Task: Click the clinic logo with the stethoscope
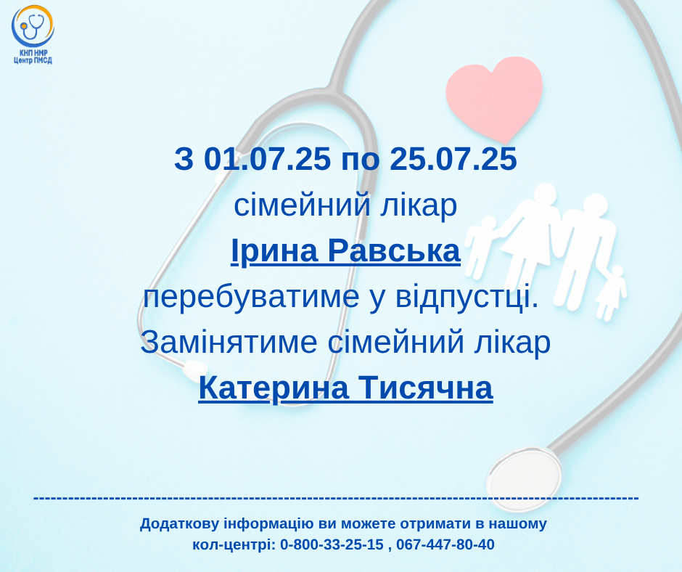point(33,35)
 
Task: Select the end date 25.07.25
point(453,158)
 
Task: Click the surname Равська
point(394,252)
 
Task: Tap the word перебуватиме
point(252,298)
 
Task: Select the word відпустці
point(467,298)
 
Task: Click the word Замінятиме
point(229,343)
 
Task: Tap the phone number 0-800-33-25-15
point(332,544)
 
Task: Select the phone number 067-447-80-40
point(445,544)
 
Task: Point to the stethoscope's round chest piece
point(523,479)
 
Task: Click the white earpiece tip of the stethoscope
point(195,369)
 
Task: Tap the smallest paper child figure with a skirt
point(611,293)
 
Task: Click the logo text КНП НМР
point(33,53)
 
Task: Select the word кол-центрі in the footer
point(234,545)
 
